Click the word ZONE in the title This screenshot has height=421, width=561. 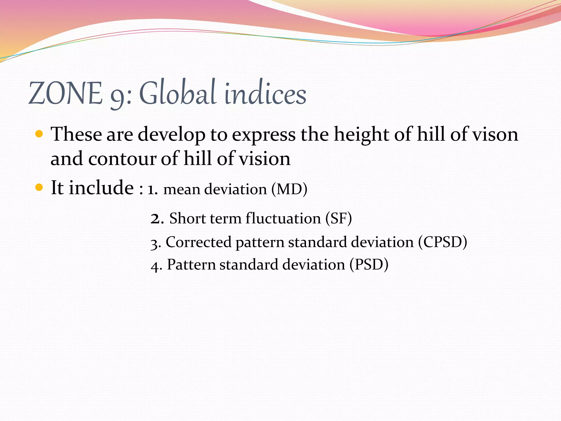65,94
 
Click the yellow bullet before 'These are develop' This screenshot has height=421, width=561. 39,134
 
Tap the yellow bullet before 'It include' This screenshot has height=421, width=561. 39,187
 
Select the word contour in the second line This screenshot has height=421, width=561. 122,159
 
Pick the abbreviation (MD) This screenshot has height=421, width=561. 289,189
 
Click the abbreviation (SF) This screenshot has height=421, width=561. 339,218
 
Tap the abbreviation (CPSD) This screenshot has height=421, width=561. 442,242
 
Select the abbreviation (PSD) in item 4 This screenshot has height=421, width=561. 369,265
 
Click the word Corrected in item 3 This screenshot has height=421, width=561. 199,242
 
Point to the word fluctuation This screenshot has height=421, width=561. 283,218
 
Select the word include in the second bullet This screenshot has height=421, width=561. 101,187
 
